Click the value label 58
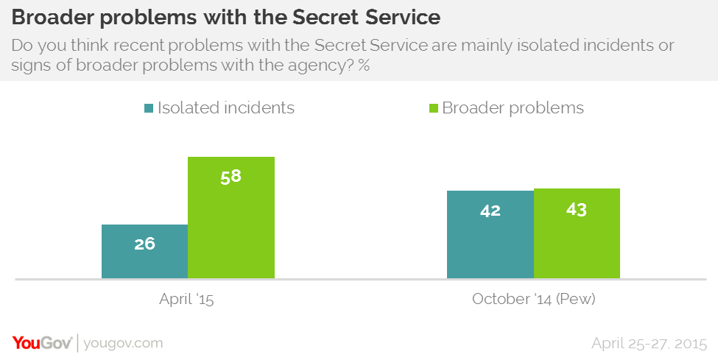point(231,177)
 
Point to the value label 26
point(145,244)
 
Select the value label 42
point(490,211)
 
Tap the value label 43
point(577,210)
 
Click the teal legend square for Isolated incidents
point(149,109)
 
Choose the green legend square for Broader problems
point(432,109)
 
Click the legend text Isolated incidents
point(225,108)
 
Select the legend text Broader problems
point(513,108)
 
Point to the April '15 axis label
point(187,300)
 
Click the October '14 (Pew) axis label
point(533,300)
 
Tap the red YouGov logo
point(42,342)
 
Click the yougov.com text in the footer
point(123,343)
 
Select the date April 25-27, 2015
point(649,343)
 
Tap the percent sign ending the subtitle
point(363,66)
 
